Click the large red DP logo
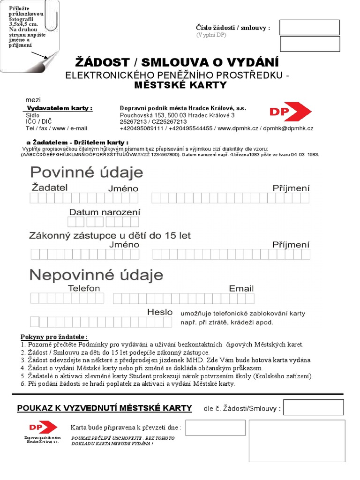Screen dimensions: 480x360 click(290, 112)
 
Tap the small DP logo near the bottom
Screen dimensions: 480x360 click(42, 427)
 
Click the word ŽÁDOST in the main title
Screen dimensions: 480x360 click(102, 62)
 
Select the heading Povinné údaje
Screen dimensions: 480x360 click(87, 172)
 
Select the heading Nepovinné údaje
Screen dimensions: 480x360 click(97, 274)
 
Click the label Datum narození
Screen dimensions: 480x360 click(105, 212)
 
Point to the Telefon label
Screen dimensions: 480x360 click(84, 288)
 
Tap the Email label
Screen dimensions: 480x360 click(241, 288)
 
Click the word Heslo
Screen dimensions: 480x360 click(160, 312)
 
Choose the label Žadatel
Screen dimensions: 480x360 click(49, 187)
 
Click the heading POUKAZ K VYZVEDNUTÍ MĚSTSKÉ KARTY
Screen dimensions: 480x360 click(105, 408)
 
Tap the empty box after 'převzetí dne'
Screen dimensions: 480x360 click(216, 427)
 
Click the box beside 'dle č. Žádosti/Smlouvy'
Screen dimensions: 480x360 click(313, 407)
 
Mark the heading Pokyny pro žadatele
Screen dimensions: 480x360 click(54, 337)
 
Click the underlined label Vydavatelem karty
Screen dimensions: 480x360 click(58, 108)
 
